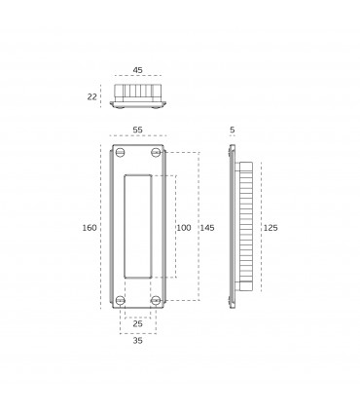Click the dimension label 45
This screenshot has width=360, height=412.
pyautogui.click(x=137, y=70)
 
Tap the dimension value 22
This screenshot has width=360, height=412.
pyautogui.click(x=91, y=96)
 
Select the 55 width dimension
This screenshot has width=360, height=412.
pyautogui.click(x=137, y=130)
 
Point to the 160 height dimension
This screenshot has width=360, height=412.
pyautogui.click(x=90, y=228)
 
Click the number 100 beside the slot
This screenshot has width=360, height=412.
pyautogui.click(x=184, y=228)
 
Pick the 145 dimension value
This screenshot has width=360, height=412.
pyautogui.click(x=207, y=228)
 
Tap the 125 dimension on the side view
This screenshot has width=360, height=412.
pyautogui.click(x=270, y=228)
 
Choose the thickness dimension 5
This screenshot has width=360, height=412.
pyautogui.click(x=233, y=130)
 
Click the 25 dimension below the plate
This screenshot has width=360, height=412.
pyautogui.click(x=137, y=323)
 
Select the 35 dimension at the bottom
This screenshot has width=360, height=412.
pyautogui.click(x=137, y=341)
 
